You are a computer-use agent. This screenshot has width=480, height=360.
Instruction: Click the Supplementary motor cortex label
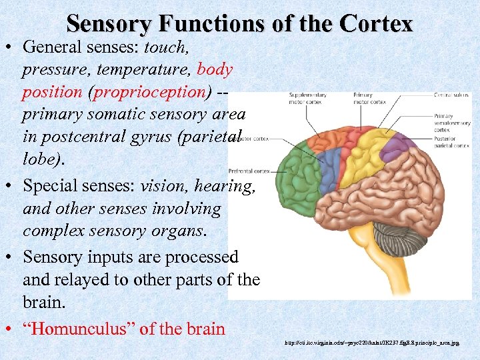pyautogui.click(x=306, y=99)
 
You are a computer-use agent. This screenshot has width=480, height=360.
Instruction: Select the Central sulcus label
pyautogui.click(x=451, y=95)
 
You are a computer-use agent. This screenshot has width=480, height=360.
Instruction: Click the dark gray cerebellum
pyautogui.click(x=393, y=239)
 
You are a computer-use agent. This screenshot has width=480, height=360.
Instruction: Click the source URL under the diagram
pyautogui.click(x=371, y=343)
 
